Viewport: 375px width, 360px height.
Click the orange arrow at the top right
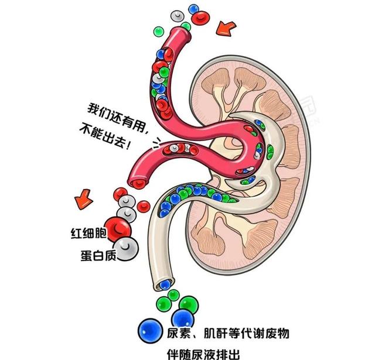[x=226, y=29]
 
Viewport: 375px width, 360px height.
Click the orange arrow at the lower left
[x=83, y=199]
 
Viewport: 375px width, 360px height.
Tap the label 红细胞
[x=88, y=233]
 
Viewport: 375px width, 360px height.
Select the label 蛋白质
[x=98, y=256]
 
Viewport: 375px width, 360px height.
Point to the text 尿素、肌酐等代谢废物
[x=228, y=333]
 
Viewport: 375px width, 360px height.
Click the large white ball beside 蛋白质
[x=126, y=249]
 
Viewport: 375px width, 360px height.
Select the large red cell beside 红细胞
[x=118, y=229]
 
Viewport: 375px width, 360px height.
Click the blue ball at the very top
[x=193, y=9]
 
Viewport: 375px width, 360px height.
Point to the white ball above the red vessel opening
[x=177, y=16]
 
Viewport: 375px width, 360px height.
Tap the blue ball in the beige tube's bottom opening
[x=165, y=284]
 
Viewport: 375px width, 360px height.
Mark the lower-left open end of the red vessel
[x=139, y=183]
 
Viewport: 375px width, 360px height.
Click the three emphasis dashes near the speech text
[x=157, y=143]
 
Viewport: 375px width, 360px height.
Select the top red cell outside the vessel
[x=201, y=18]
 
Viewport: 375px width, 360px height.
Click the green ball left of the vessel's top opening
[x=159, y=31]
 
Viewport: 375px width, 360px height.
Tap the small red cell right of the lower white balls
[x=144, y=207]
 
